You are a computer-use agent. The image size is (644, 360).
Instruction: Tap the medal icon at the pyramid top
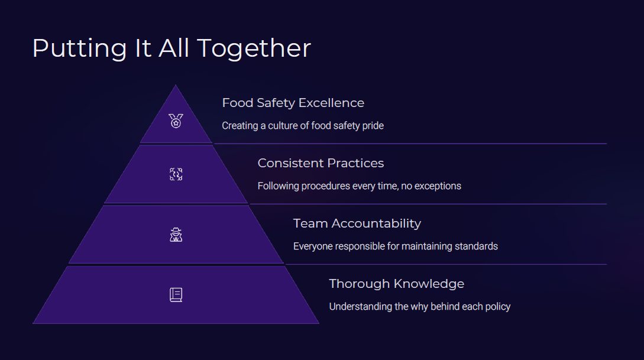coord(176,121)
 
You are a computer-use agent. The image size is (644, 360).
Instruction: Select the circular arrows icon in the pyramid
coord(176,174)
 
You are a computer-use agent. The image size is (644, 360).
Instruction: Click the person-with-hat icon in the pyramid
coord(176,235)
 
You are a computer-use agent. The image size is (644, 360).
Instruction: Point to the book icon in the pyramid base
coord(176,295)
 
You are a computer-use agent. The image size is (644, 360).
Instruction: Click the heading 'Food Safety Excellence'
coord(293,103)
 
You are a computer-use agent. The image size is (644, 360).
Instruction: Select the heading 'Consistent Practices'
coord(321,163)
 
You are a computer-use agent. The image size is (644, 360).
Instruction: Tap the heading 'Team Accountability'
coord(357,223)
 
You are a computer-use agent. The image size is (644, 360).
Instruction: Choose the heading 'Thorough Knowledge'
coord(397,284)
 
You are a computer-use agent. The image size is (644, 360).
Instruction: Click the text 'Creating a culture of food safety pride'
coord(303,125)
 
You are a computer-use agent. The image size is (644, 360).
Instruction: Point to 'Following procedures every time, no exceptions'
coord(360,186)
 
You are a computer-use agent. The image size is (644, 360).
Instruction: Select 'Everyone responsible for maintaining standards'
coord(396,247)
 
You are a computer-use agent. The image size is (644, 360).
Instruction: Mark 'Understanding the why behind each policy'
coord(420,307)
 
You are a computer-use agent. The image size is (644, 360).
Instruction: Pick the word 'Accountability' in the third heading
coord(376,223)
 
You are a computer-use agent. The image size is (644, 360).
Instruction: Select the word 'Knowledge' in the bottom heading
coord(429,284)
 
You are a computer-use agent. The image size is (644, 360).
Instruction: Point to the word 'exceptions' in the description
coord(438,186)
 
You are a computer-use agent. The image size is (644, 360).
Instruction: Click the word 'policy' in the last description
coord(498,307)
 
